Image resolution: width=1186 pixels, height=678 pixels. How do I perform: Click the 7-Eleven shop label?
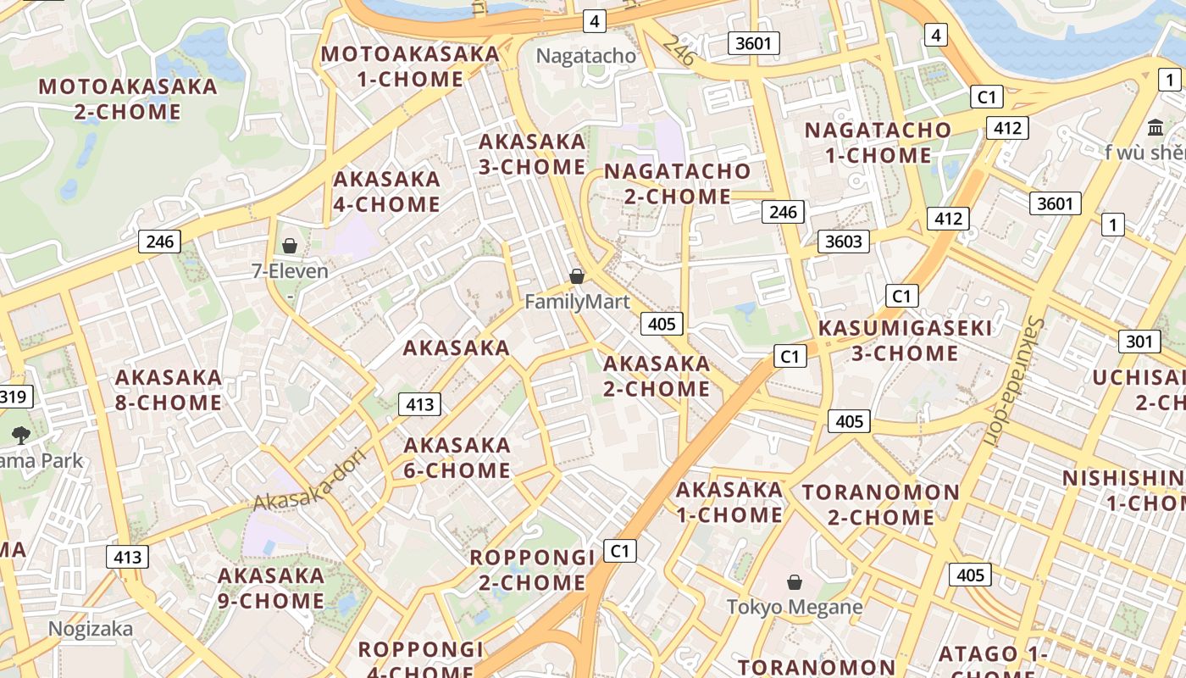pos(290,271)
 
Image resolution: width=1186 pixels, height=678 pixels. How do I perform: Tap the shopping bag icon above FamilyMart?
pos(577,276)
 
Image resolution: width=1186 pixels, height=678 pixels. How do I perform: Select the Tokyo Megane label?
pos(795,607)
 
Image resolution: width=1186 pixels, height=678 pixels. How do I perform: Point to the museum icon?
pos(1155,128)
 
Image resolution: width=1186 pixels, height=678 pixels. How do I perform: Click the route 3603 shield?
pos(844,242)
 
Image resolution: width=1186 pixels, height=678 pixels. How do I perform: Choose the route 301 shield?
pos(1139,342)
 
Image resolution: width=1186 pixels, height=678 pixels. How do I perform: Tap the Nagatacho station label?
pos(586,56)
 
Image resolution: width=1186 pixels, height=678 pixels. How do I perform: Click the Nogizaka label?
pos(90,629)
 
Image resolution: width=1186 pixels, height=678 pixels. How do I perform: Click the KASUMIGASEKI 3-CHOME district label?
pos(904,340)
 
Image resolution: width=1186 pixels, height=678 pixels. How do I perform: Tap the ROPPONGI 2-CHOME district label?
pos(532,570)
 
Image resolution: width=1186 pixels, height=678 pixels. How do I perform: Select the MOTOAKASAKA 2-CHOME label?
pos(128,98)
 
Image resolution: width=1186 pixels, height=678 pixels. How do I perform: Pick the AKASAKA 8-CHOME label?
pos(169,389)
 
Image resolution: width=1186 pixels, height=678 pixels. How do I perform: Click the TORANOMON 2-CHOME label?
pos(881,504)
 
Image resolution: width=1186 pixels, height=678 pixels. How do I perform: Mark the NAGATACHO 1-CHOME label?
pos(878,142)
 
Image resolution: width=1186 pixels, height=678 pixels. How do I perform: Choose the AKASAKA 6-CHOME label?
pos(457,457)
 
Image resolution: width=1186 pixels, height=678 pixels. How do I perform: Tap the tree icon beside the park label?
pos(21,436)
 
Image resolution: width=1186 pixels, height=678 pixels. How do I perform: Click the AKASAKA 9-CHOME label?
pos(271,588)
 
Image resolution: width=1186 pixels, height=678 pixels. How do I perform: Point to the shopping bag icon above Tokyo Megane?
pos(795,582)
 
